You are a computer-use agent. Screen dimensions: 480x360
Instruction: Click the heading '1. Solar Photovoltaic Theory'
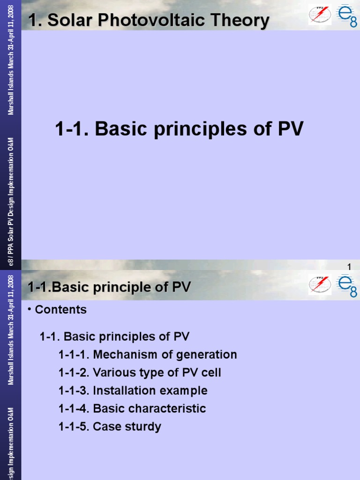pyautogui.click(x=149, y=21)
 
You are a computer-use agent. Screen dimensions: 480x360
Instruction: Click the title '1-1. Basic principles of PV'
pyautogui.click(x=179, y=129)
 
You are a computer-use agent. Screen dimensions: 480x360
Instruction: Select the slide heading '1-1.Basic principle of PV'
pyautogui.click(x=109, y=287)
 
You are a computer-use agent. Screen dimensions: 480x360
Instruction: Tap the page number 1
pyautogui.click(x=349, y=267)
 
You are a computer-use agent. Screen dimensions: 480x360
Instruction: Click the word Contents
pyautogui.click(x=61, y=310)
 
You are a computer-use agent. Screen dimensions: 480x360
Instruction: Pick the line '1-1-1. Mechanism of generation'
pyautogui.click(x=148, y=355)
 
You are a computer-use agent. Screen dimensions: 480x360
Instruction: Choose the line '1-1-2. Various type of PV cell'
pyautogui.click(x=140, y=373)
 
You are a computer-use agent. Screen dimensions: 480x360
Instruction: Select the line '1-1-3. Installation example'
pyautogui.click(x=133, y=390)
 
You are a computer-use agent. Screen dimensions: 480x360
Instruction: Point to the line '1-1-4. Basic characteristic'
pyautogui.click(x=132, y=409)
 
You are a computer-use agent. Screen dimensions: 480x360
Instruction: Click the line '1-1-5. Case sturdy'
pyautogui.click(x=110, y=427)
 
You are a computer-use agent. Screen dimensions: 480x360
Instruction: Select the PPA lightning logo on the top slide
pyautogui.click(x=319, y=15)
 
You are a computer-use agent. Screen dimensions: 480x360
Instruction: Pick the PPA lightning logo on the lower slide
pyautogui.click(x=319, y=285)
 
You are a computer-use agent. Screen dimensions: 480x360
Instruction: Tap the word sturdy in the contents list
pyautogui.click(x=143, y=427)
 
